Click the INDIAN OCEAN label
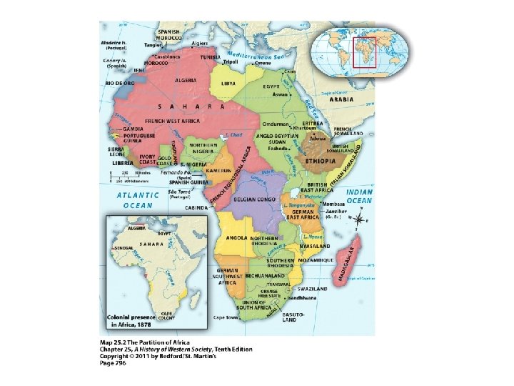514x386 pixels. tap(359, 197)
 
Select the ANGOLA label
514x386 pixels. tap(236, 237)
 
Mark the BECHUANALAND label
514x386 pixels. tap(265, 275)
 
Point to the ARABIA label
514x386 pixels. tap(341, 101)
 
